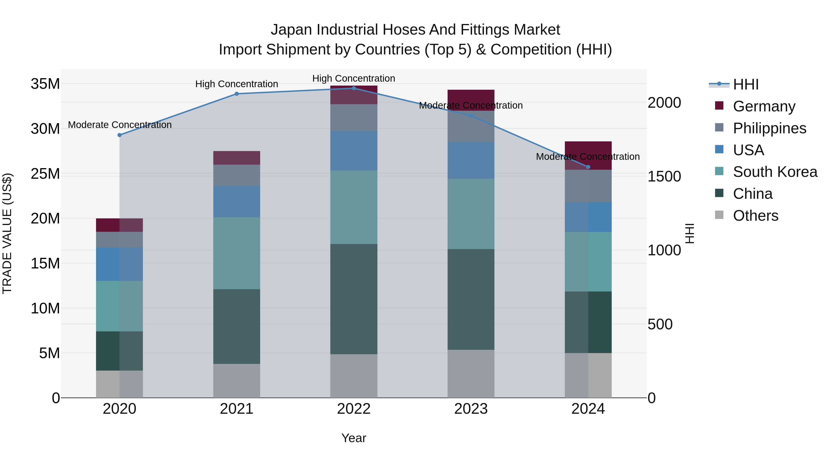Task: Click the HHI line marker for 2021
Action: pos(236,94)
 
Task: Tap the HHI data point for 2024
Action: pos(588,167)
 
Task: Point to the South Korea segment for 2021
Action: pos(236,253)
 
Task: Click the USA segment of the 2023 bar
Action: pos(471,160)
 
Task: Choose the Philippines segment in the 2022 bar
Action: pos(354,117)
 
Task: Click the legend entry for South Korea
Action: pos(775,172)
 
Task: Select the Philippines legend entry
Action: pos(769,128)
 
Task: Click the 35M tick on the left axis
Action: pos(45,84)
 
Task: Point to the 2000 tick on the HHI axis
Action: pos(664,103)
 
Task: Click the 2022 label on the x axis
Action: pos(354,409)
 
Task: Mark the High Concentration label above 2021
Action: pos(236,84)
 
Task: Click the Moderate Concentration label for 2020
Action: pos(120,125)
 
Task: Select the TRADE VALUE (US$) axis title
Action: pos(7,233)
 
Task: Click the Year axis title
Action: pos(354,438)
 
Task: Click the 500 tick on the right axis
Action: pos(660,324)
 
